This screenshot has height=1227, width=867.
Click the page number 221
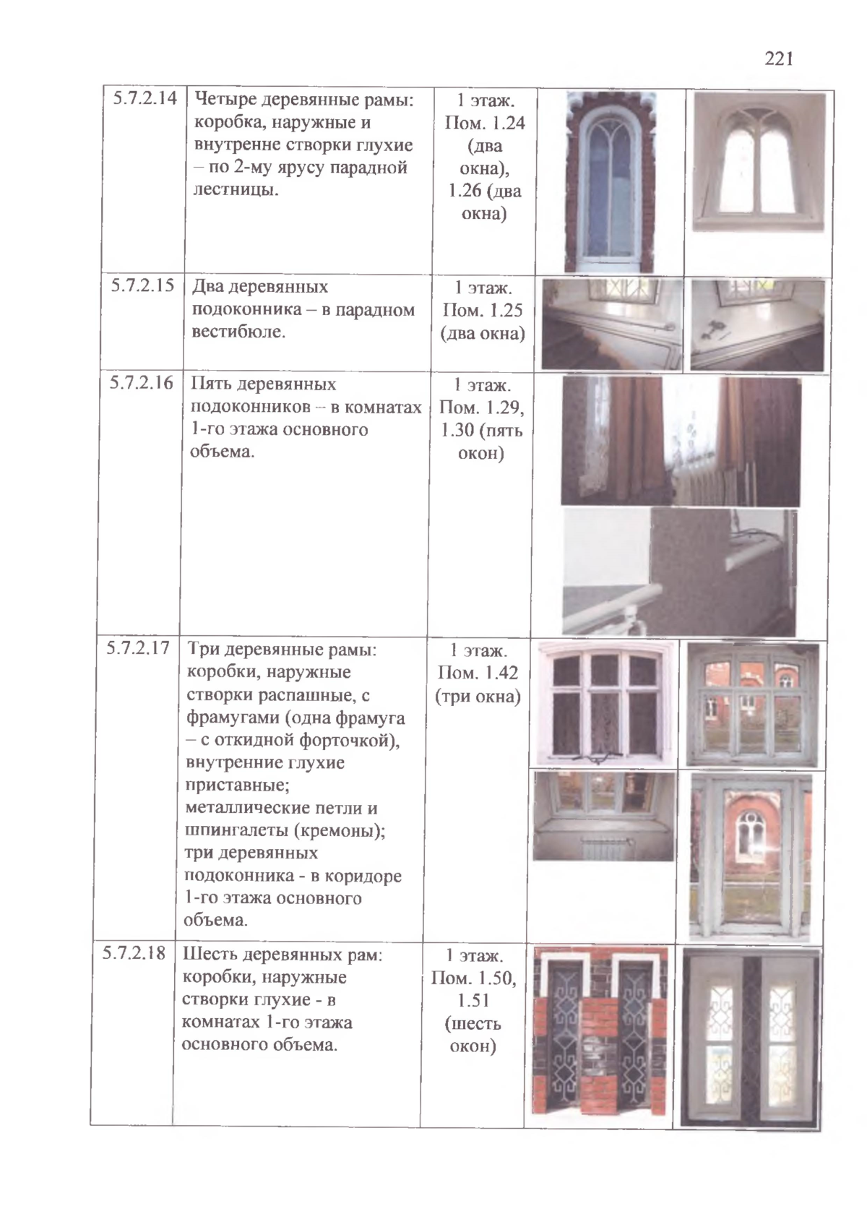point(779,59)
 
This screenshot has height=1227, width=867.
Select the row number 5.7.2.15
point(142,285)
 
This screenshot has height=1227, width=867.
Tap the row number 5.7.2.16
point(142,382)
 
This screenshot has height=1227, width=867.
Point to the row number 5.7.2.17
point(138,647)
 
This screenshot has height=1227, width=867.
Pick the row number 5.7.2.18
point(134,953)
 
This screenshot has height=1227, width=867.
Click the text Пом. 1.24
point(484,123)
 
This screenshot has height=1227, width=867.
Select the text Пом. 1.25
point(483,311)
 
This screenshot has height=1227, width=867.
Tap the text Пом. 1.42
point(478,673)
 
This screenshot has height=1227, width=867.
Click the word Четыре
point(225,99)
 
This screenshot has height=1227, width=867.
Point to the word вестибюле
point(238,332)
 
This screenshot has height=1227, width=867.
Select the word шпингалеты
point(230,830)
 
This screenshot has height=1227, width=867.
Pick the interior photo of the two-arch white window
point(759,163)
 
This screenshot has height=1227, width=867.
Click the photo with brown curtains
point(681,441)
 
